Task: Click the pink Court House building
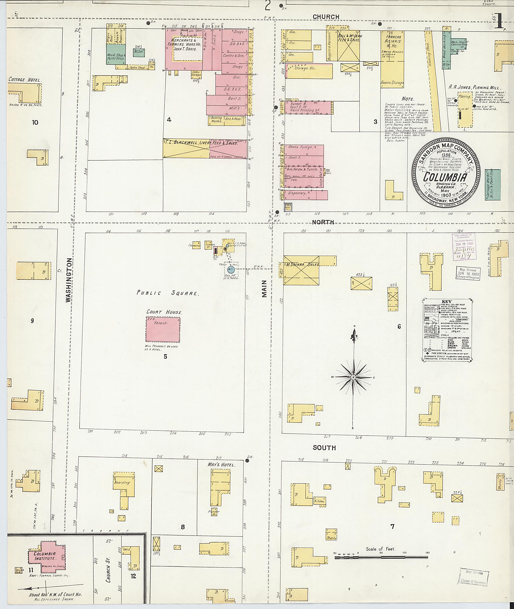163,329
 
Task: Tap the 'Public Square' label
168,293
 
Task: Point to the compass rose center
353,377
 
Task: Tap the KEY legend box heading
446,302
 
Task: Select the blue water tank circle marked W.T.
231,270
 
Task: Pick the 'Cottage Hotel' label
25,79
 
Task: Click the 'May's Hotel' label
221,465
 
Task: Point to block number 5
165,356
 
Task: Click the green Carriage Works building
493,185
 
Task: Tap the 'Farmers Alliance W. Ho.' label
393,41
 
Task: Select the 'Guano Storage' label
392,83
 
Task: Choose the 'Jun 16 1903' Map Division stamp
468,273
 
